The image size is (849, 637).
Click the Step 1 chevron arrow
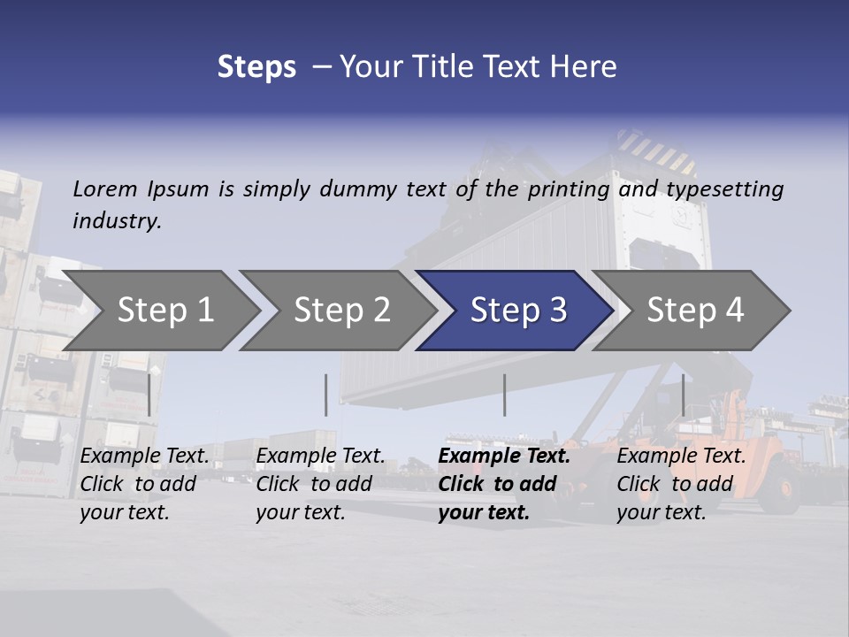(x=164, y=310)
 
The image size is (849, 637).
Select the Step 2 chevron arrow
(x=340, y=310)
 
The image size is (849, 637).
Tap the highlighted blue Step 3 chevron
(x=517, y=310)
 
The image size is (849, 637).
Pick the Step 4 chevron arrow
(x=694, y=310)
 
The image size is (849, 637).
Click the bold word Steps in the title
(x=256, y=67)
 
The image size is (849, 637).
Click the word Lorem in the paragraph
(x=105, y=188)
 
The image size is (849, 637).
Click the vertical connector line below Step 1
(x=149, y=395)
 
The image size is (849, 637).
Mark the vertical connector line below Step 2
(x=326, y=395)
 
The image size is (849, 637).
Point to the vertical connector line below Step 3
(x=504, y=395)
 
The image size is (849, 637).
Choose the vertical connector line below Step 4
(x=683, y=395)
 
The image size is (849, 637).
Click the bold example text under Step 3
(x=502, y=484)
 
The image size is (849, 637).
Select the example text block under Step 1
(x=144, y=484)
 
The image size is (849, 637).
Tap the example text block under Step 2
(x=320, y=484)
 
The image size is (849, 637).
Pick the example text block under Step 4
(x=681, y=484)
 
